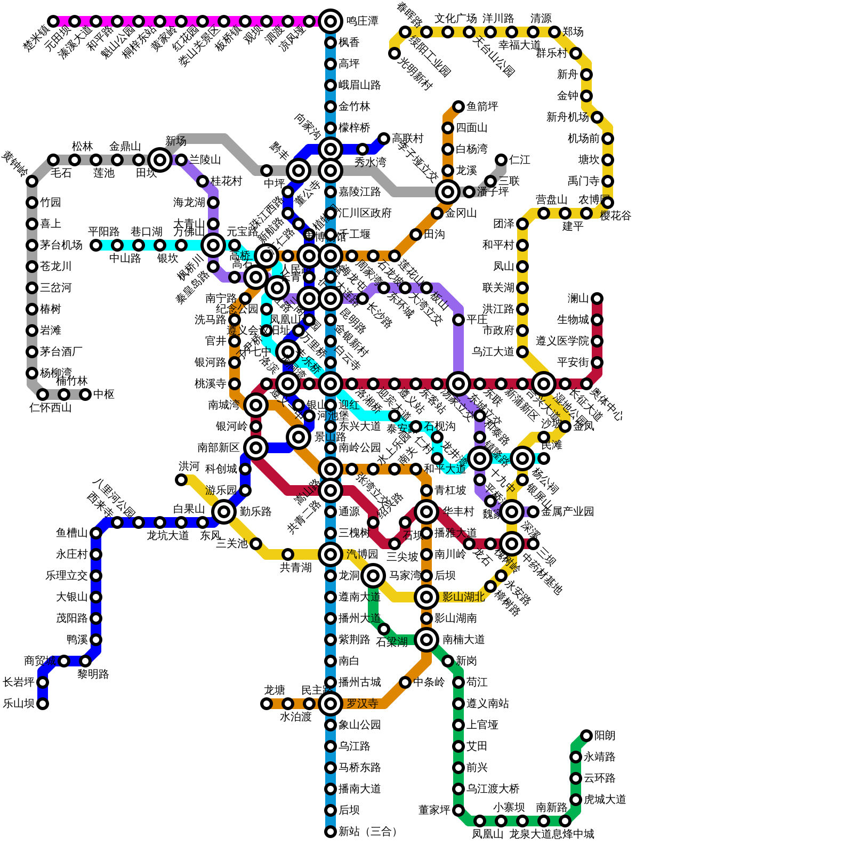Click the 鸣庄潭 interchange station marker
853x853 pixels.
tap(331, 21)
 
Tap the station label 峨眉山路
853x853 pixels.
tap(359, 85)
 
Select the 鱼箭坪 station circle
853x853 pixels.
tap(458, 107)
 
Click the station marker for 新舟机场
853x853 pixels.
tap(597, 117)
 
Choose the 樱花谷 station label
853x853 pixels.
tap(616, 216)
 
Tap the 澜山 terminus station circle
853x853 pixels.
tap(597, 299)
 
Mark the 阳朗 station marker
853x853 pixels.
tap(586, 736)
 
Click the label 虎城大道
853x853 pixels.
tap(605, 800)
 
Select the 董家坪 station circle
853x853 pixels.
tap(458, 810)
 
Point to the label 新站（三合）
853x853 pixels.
tap(368, 832)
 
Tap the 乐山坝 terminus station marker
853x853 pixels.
tap(43, 704)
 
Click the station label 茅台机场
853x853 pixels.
tap(61, 245)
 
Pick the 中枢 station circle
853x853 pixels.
tap(85, 395)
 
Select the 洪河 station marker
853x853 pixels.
tap(181, 480)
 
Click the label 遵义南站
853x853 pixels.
tap(487, 704)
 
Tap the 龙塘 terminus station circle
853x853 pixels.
tap(267, 704)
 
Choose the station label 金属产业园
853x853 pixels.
tap(567, 512)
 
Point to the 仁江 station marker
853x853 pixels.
tap(501, 160)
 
